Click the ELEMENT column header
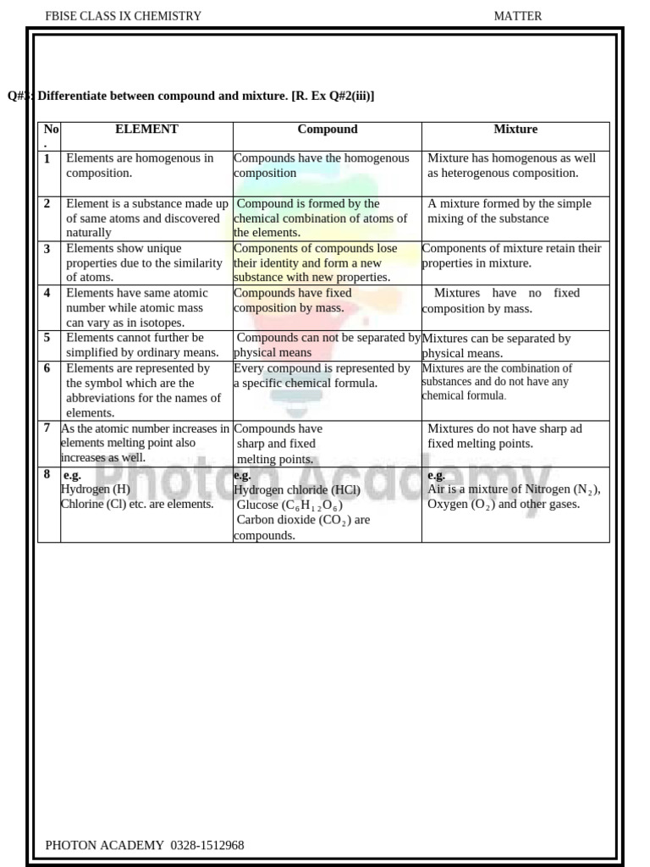146,130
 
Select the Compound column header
328,130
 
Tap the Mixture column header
515,130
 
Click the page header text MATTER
518,16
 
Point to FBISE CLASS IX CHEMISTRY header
123,16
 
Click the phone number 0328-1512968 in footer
207,845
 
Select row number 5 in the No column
47,338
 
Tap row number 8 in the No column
47,475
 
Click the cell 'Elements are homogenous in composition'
140,165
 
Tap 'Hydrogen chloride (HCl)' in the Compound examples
297,490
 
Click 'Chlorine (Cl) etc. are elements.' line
137,504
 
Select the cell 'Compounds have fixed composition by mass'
293,301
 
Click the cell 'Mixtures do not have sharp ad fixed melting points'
504,436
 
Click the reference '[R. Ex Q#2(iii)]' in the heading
333,97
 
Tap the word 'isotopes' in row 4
159,323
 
